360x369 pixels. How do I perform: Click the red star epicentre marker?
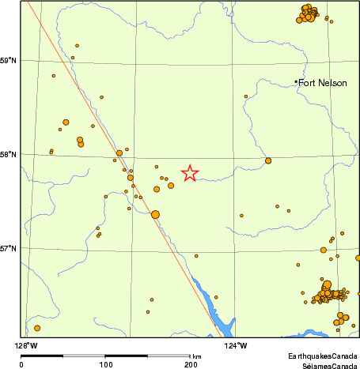click(190, 172)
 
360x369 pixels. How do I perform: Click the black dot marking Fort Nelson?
click(296, 81)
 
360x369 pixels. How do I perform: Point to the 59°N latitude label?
click(9, 60)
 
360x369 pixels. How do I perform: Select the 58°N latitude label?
click(9, 154)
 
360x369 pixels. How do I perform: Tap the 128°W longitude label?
click(29, 345)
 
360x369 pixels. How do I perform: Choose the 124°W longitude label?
click(237, 345)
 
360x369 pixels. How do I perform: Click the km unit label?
click(196, 357)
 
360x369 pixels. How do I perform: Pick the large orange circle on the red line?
click(155, 214)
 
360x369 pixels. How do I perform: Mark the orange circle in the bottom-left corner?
click(37, 328)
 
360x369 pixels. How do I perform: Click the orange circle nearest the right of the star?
click(268, 160)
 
